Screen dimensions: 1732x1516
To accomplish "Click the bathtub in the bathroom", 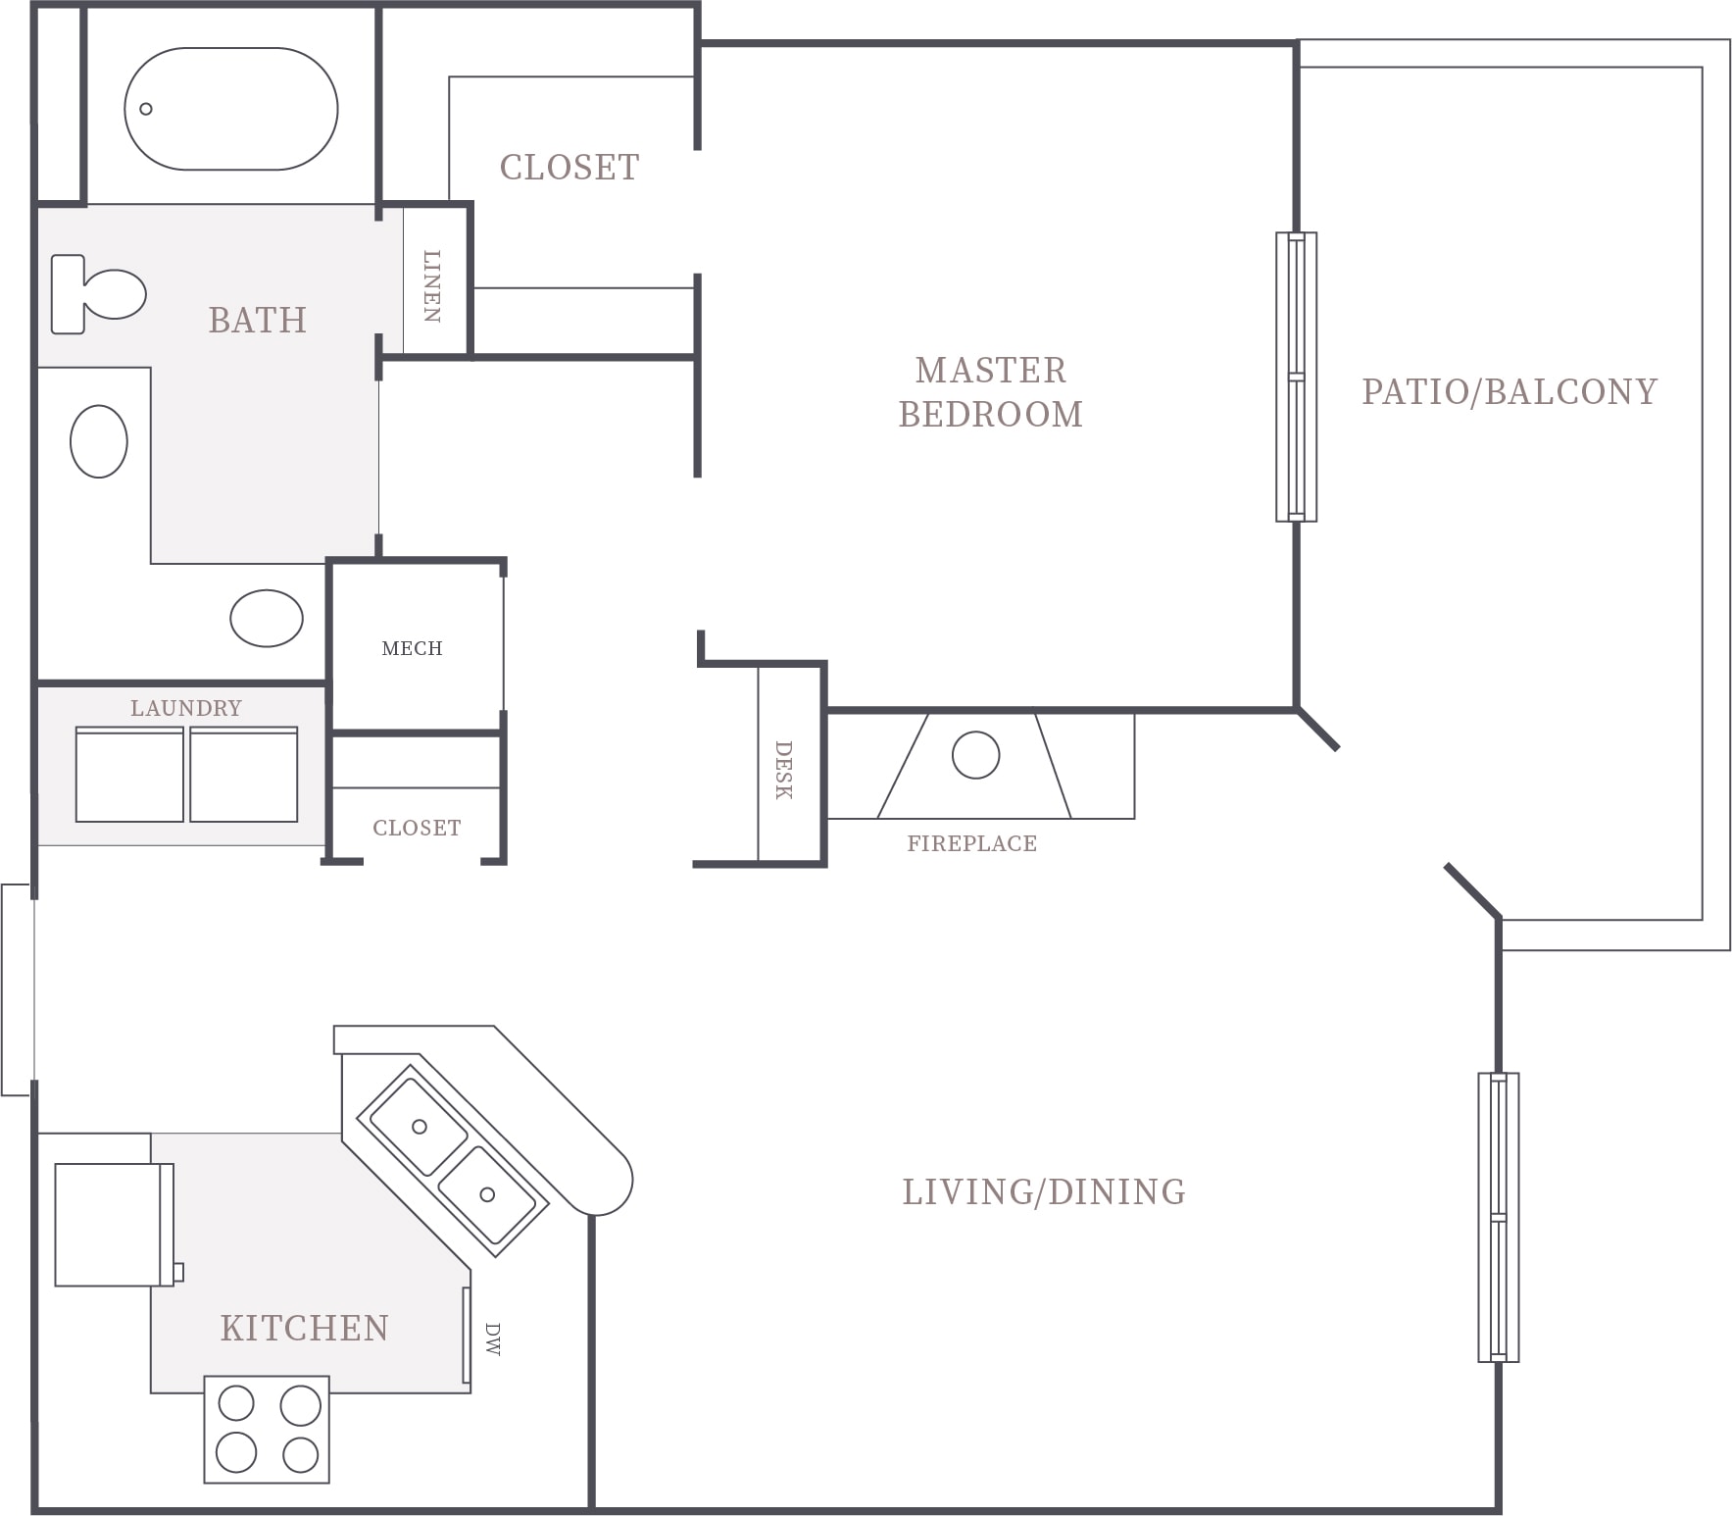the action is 231,109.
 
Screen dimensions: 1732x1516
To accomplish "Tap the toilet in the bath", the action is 98,294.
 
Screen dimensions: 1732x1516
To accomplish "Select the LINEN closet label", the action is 432,285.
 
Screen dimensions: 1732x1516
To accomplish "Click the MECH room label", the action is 412,648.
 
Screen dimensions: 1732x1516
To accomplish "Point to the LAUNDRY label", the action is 186,708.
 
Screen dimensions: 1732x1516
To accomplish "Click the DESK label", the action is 783,770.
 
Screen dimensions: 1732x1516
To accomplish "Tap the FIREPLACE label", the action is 971,843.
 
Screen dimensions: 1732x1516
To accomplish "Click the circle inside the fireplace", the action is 975,755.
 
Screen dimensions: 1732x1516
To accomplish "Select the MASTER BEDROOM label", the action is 991,392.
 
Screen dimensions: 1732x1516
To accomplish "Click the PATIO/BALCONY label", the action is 1509,392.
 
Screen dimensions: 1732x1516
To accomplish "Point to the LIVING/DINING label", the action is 1044,1191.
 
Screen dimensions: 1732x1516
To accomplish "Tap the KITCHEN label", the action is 305,1328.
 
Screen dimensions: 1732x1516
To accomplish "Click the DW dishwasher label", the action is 492,1339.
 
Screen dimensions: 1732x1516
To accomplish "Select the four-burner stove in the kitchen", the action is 267,1430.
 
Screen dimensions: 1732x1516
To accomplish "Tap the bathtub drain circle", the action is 146,109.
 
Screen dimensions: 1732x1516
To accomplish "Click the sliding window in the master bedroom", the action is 1296,377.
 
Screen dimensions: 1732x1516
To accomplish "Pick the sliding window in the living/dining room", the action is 1499,1217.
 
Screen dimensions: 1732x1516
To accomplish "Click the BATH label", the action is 258,320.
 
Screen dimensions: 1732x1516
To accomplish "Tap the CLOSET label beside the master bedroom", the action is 569,167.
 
